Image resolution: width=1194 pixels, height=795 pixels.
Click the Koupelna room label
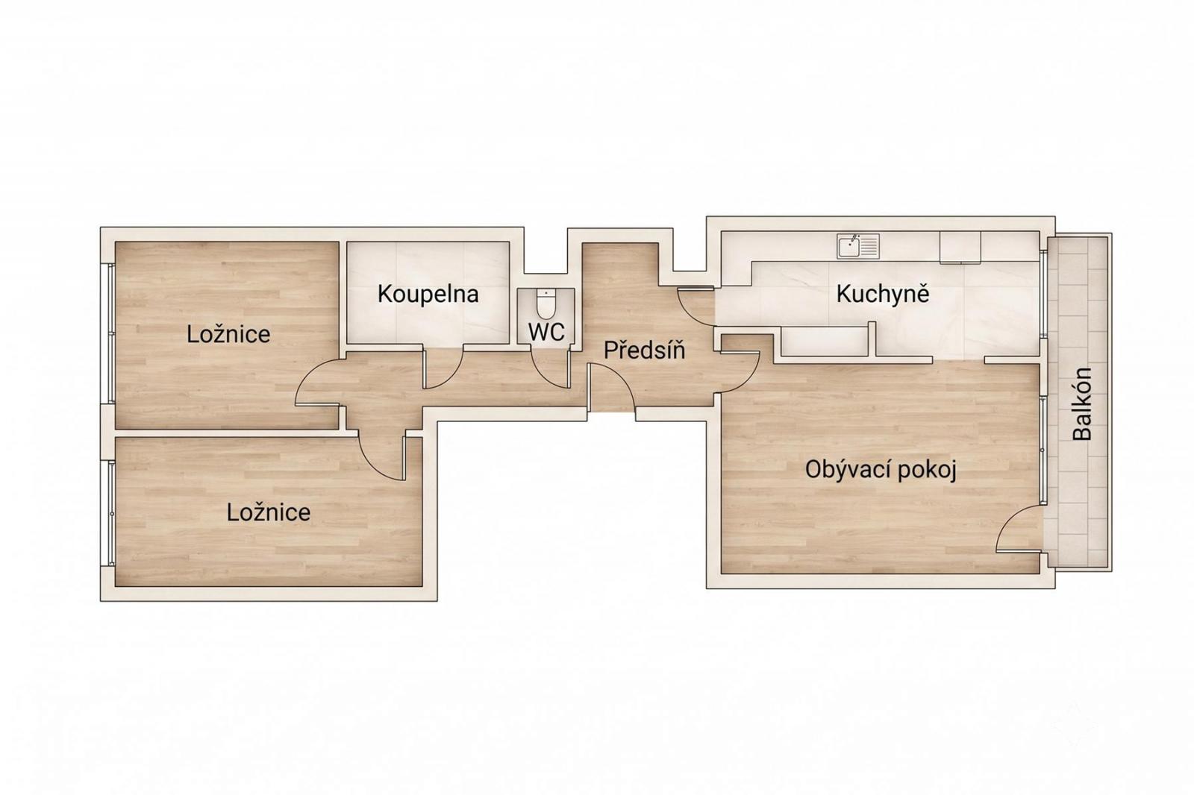click(x=428, y=294)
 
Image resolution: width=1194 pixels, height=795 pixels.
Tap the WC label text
click(x=546, y=333)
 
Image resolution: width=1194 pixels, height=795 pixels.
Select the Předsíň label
click(x=644, y=350)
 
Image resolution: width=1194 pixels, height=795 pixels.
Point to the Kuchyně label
click(x=883, y=294)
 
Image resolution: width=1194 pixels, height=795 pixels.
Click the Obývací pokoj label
click(x=881, y=470)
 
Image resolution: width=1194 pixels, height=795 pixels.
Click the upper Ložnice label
click(x=228, y=334)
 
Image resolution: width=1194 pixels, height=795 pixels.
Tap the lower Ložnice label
click(x=268, y=512)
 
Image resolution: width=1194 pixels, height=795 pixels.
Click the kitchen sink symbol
click(x=857, y=245)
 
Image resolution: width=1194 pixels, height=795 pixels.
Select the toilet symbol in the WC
click(x=546, y=303)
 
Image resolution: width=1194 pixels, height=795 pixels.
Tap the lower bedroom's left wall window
click(x=111, y=513)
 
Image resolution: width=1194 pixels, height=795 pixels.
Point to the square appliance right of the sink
click(x=960, y=248)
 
